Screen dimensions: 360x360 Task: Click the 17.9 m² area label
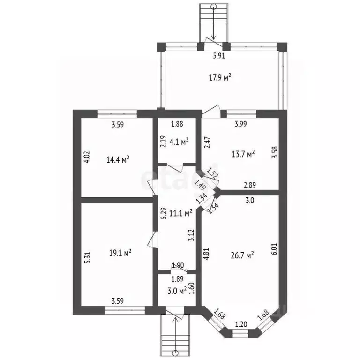tap(220, 78)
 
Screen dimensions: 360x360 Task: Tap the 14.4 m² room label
tap(118, 159)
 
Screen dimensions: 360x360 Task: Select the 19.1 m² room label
tap(120, 253)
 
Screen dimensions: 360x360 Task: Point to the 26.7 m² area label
tap(242, 255)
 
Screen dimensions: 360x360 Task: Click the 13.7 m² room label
tap(243, 154)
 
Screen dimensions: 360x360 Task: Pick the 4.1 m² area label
tap(179, 142)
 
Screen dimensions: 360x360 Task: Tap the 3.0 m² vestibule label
tap(177, 291)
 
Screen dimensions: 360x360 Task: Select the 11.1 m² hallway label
tap(180, 213)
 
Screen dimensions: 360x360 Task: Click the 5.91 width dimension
tap(219, 56)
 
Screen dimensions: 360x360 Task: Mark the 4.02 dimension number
tap(87, 157)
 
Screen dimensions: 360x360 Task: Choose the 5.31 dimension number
tap(87, 257)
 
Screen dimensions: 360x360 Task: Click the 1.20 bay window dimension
tap(241, 324)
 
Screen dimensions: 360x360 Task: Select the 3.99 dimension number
tap(241, 124)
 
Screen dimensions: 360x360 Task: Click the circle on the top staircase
tap(214, 7)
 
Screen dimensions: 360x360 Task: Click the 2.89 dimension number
tap(250, 185)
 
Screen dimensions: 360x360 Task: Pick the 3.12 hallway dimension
tap(191, 235)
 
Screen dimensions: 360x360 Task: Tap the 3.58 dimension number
tap(275, 152)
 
